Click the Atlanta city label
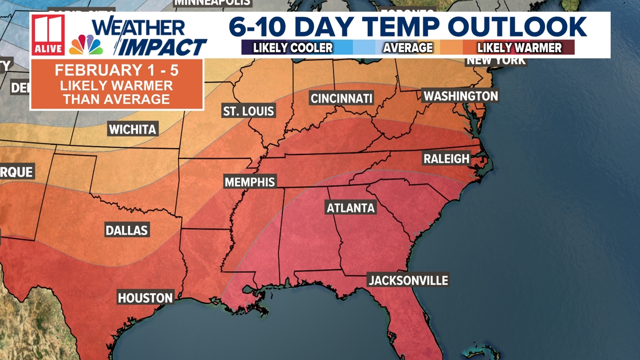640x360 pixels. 351,208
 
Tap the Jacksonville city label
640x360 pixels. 408,280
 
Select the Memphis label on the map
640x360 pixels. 250,182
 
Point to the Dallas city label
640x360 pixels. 127,230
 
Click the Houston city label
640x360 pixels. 145,298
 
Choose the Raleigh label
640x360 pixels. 446,159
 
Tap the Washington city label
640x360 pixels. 460,96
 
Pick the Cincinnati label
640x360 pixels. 342,99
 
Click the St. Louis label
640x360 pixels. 249,111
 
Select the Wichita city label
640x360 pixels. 132,129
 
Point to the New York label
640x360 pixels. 496,60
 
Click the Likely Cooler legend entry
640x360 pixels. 292,48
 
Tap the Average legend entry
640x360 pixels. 408,48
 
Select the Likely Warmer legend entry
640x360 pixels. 519,48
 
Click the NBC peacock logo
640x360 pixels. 85,45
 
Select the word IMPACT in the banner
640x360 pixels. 164,47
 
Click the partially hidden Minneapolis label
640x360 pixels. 212,3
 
